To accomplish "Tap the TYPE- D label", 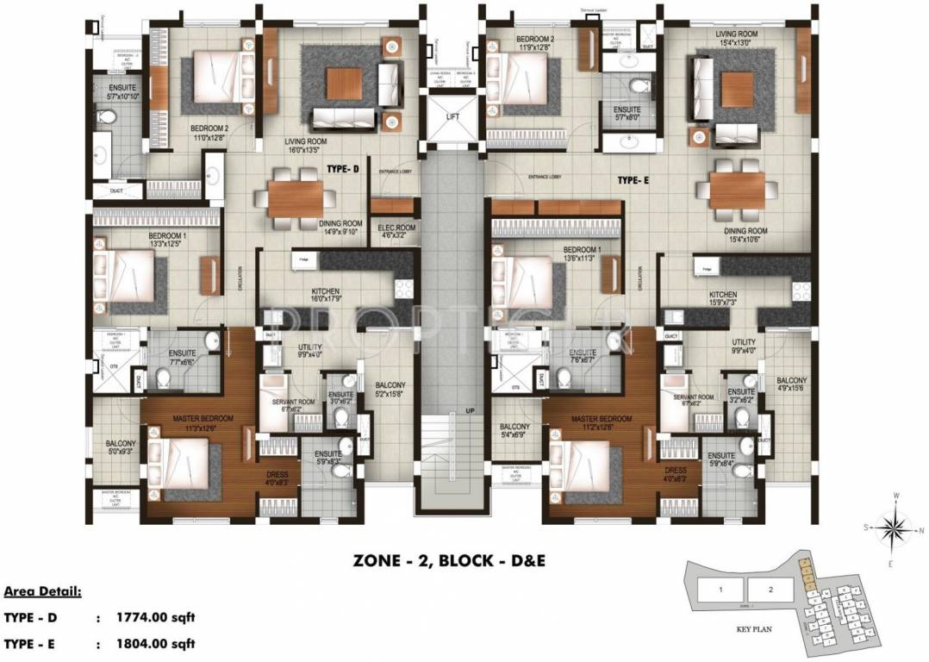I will coord(341,170).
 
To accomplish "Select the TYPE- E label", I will coord(633,181).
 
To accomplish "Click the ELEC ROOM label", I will coord(396,230).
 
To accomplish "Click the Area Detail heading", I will coord(42,592).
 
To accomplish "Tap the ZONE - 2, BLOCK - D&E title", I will coord(450,561).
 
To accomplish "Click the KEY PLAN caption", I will coord(754,629).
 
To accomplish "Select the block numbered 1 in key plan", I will coord(718,590).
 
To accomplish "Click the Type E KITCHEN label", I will coord(722,296).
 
